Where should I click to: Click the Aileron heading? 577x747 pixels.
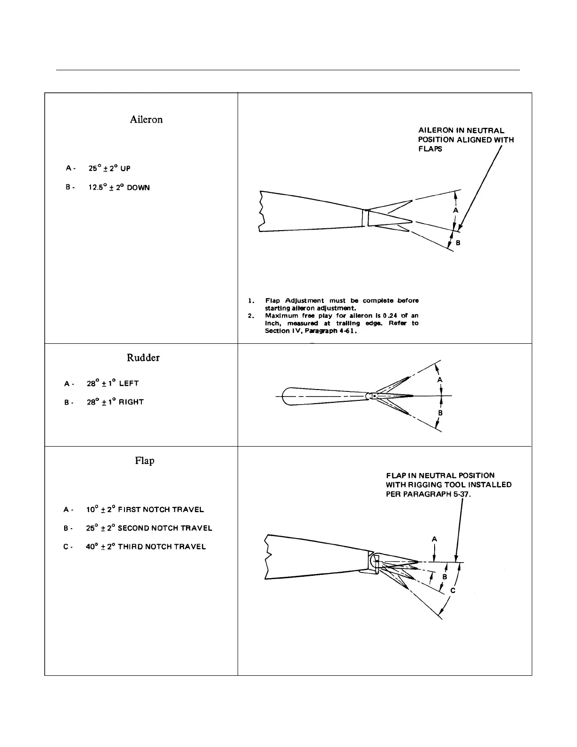pos(146,120)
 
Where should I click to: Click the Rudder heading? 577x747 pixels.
pos(143,358)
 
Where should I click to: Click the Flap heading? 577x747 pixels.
pos(144,461)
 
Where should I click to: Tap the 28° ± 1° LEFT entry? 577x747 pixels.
pos(113,383)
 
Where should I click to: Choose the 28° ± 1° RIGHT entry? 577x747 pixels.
pos(115,402)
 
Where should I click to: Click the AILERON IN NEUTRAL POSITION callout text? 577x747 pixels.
pos(466,140)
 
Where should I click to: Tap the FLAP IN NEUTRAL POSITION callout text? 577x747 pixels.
pos(448,484)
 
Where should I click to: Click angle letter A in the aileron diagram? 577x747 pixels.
pos(455,211)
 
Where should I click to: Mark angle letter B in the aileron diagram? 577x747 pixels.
pos(458,243)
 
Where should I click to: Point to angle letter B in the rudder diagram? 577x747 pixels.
pos(440,413)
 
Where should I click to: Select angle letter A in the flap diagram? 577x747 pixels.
pos(434,539)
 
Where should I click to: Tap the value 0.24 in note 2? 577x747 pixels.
pos(391,315)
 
